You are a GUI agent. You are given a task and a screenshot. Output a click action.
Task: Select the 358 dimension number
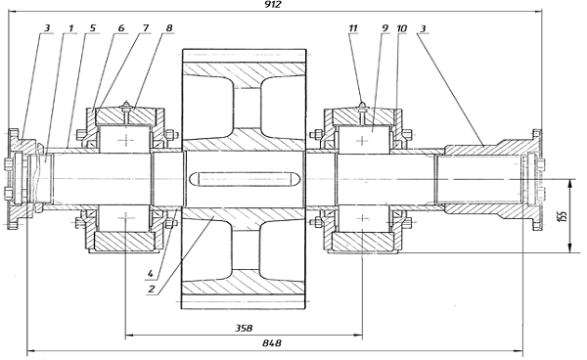(244, 328)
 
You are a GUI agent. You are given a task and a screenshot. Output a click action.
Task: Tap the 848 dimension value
(272, 343)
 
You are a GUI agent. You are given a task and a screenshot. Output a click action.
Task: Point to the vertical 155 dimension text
(564, 216)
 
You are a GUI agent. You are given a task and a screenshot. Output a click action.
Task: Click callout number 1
(71, 28)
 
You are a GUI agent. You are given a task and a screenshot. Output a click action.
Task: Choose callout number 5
(93, 28)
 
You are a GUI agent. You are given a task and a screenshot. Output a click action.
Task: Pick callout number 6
(120, 28)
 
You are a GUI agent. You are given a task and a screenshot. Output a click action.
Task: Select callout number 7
(145, 28)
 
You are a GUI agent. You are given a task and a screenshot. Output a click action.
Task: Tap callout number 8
(169, 28)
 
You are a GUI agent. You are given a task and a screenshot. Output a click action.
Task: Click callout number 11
(352, 28)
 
